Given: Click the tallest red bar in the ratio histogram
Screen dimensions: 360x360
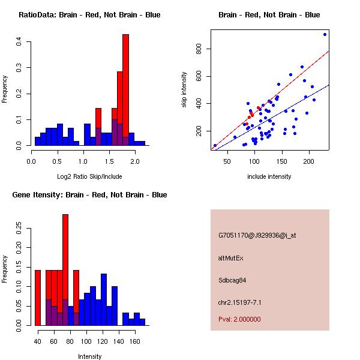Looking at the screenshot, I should tap(125, 90).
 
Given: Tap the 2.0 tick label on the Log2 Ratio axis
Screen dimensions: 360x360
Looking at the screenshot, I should tap(134, 161).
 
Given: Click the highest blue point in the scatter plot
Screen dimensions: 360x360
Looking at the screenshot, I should tap(325, 34).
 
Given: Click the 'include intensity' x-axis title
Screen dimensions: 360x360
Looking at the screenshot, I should tap(269, 176).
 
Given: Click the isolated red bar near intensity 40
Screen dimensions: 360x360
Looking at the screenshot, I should tap(37, 297).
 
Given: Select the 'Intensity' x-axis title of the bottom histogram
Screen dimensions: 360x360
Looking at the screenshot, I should tap(89, 356).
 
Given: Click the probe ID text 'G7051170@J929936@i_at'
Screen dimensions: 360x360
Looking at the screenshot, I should tap(257, 236).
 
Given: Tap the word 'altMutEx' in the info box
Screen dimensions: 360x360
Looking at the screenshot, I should tap(231, 258).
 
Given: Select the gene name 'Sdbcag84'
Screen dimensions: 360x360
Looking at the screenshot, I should tap(233, 280).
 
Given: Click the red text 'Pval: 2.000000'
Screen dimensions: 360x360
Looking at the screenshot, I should tap(239, 319).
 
